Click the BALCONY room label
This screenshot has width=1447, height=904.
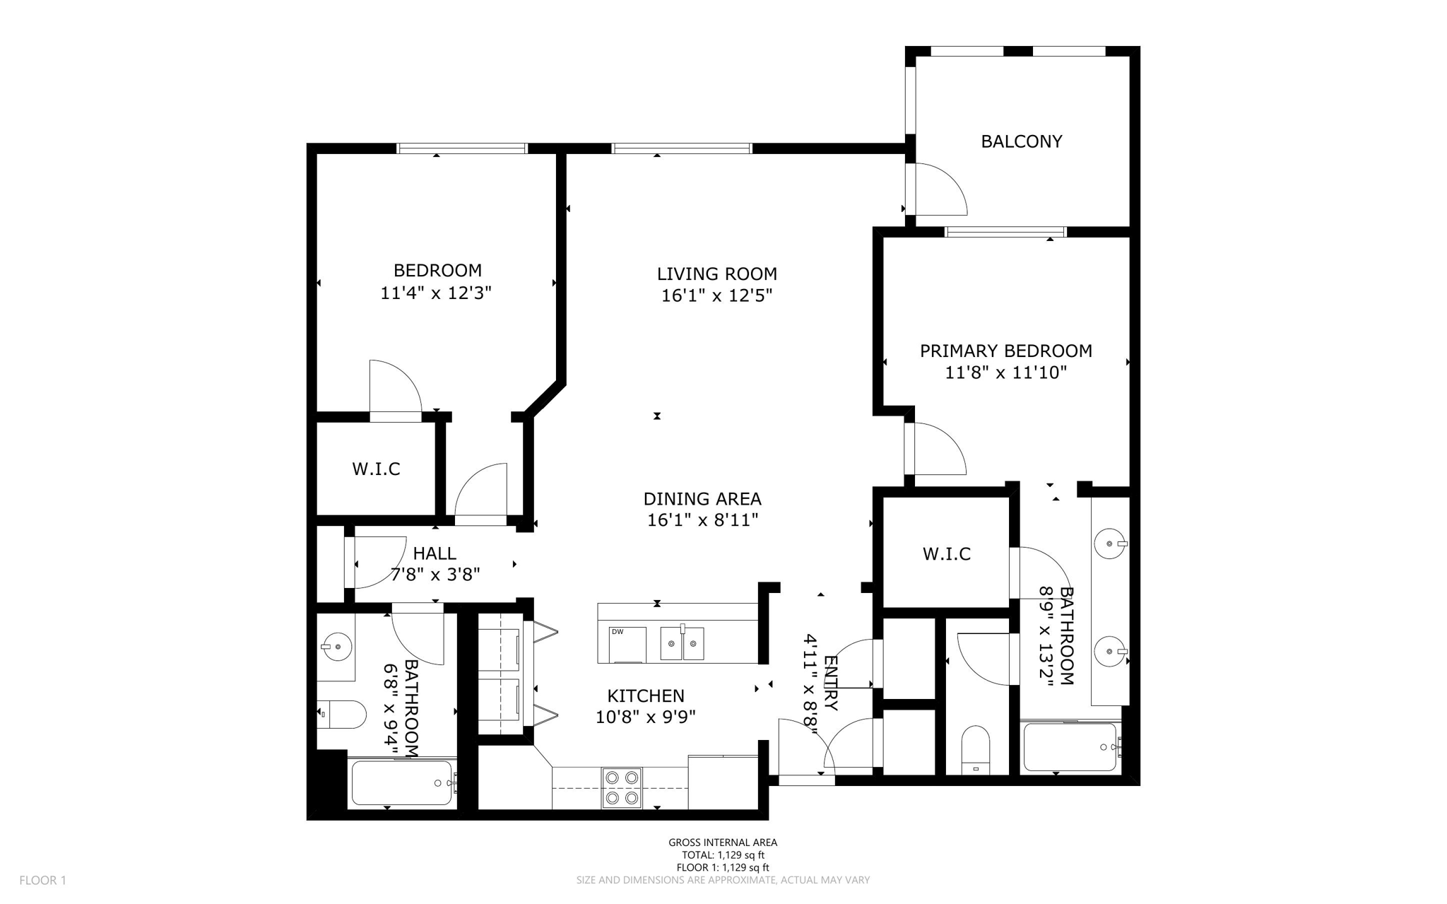click(1021, 141)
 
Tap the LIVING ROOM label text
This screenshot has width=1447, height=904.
click(716, 274)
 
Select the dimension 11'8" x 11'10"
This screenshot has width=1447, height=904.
click(1005, 372)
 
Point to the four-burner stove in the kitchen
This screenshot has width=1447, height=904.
click(622, 787)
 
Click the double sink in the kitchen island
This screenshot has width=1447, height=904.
click(682, 643)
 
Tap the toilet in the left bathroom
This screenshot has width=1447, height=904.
click(341, 715)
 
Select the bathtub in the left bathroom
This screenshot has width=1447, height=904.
click(403, 782)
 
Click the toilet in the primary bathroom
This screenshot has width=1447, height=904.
click(976, 750)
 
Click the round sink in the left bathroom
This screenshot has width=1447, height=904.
click(337, 646)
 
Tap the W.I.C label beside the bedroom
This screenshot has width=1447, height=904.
click(376, 469)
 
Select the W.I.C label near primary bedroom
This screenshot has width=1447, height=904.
click(946, 553)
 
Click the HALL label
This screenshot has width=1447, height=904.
click(435, 553)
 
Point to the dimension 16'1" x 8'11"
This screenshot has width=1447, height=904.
click(702, 520)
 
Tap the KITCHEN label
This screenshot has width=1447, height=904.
click(646, 695)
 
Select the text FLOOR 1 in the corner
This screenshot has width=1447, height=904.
click(42, 880)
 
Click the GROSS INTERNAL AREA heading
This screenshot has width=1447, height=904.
click(723, 842)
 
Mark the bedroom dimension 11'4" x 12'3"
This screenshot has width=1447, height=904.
click(436, 293)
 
